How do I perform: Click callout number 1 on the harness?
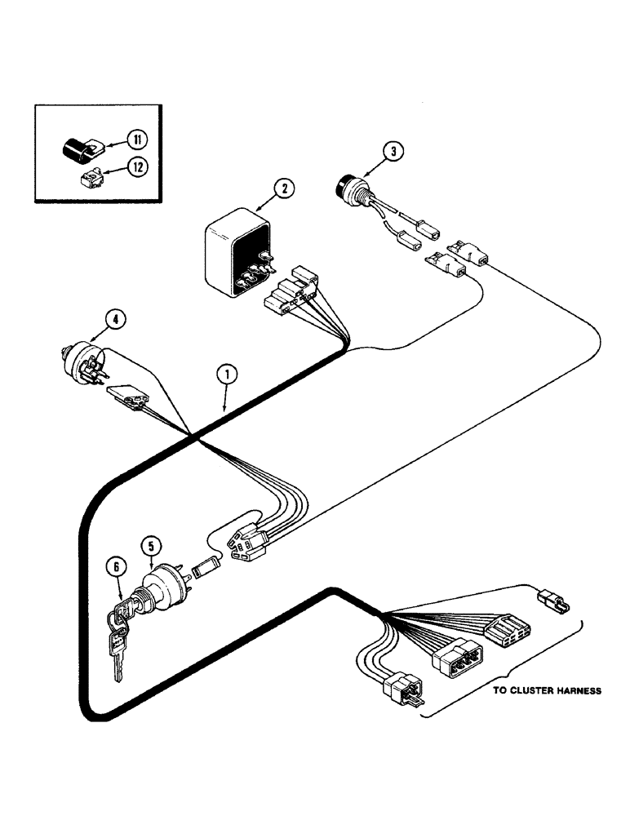coord(228,375)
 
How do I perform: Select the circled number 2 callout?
coord(282,189)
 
